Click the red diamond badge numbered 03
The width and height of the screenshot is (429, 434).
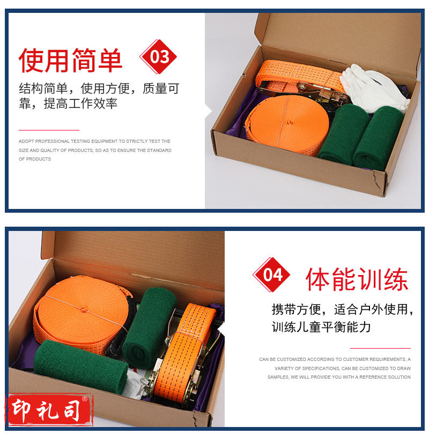pos(158,57)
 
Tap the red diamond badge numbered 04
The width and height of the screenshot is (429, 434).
pos(271,274)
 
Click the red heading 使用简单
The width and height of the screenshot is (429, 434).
pos(70,60)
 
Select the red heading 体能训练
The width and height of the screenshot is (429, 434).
pos(357,279)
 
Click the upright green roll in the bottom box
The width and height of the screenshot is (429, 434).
pos(149,327)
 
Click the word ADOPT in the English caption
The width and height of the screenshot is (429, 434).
pos(26,141)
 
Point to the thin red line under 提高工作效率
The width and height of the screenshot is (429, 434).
pos(49,130)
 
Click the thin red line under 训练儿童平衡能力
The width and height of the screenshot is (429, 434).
pos(380,348)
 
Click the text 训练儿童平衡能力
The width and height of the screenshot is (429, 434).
pos(321,327)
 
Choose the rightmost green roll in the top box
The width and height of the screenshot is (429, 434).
pos(378,139)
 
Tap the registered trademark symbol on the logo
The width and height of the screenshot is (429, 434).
pos(85,399)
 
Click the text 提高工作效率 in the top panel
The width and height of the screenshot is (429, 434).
pos(80,104)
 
